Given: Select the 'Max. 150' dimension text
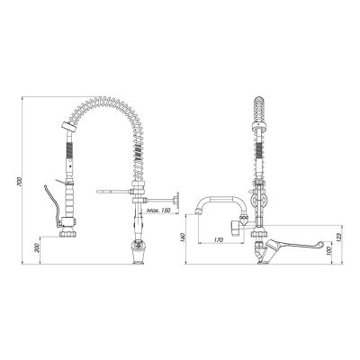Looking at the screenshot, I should pos(158,211).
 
